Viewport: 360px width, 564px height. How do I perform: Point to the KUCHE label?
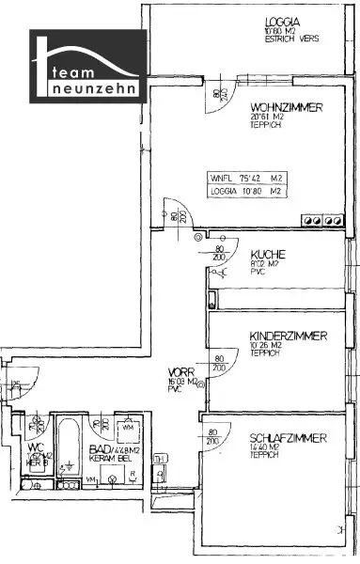(x=268, y=254)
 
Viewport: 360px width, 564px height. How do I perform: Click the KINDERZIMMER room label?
(x=289, y=336)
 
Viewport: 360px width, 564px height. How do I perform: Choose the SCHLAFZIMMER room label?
(x=289, y=438)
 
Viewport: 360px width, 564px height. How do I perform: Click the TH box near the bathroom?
(x=160, y=460)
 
